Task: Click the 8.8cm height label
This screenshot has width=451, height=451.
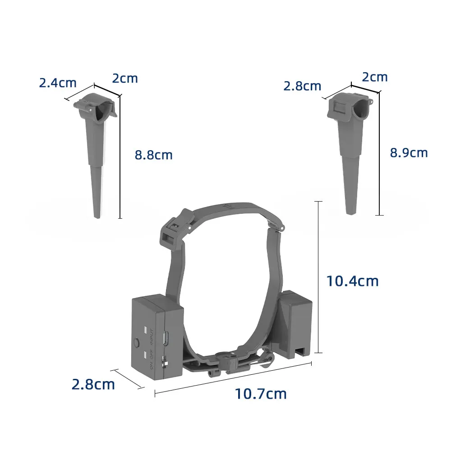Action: (x=153, y=155)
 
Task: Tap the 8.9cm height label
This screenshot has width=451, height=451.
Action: (x=409, y=153)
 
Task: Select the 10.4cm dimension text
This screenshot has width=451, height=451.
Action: (x=352, y=281)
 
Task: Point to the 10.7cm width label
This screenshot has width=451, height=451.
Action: (x=260, y=394)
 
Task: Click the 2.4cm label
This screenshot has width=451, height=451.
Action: (x=58, y=83)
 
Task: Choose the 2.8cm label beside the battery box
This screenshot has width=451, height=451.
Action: (x=93, y=384)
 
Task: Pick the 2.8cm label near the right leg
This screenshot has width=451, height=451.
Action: (x=302, y=86)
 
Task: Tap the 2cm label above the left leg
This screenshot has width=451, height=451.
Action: (x=124, y=78)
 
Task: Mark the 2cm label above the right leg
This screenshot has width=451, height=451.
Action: (x=374, y=77)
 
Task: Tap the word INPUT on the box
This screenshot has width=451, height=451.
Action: (x=152, y=337)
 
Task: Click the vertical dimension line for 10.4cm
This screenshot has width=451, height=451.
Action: (x=319, y=277)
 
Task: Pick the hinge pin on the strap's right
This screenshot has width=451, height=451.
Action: (x=281, y=229)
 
